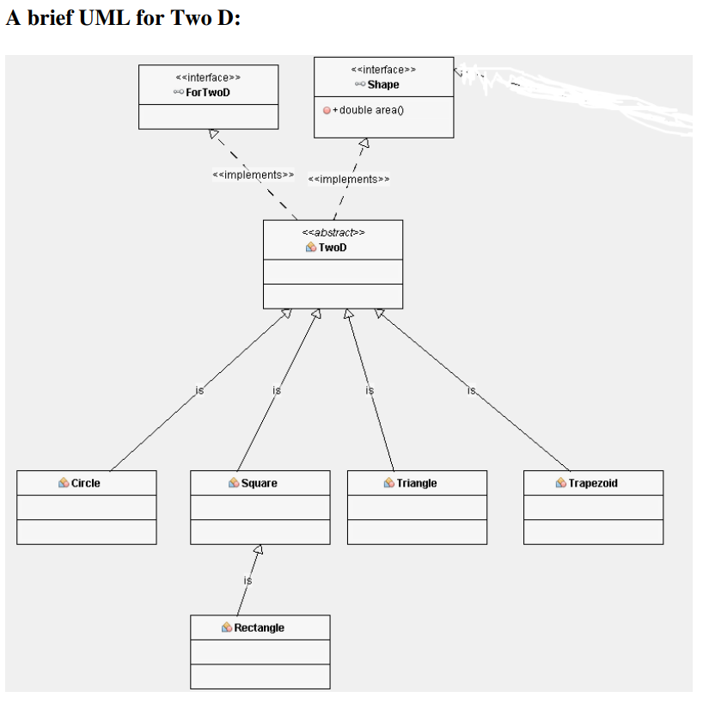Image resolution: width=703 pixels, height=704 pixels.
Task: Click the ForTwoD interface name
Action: (208, 92)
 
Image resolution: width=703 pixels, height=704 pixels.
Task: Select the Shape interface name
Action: (383, 84)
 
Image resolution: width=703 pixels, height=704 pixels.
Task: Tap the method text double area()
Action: (372, 110)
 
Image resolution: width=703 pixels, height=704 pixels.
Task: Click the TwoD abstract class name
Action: (333, 248)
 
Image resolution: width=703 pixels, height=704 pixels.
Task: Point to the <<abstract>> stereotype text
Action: (333, 232)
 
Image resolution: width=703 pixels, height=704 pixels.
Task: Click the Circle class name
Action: (85, 483)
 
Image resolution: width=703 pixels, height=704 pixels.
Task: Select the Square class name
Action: (259, 483)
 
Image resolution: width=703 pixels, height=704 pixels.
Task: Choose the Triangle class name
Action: (416, 483)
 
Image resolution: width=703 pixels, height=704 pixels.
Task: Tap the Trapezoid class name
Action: (592, 483)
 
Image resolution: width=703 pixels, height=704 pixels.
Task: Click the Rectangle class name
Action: (259, 627)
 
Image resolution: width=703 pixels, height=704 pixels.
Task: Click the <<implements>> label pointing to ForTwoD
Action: (253, 175)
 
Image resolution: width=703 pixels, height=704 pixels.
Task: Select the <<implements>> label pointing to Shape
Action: (348, 180)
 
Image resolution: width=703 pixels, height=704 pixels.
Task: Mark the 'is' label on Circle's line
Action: (199, 390)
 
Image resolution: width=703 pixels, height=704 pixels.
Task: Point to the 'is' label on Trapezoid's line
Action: (471, 390)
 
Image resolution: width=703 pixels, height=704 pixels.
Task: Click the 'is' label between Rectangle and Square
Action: (248, 581)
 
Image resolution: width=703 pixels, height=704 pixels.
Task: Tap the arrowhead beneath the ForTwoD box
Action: (214, 133)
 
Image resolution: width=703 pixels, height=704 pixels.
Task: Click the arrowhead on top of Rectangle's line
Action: (257, 550)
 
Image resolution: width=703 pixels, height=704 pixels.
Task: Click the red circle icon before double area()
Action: (327, 110)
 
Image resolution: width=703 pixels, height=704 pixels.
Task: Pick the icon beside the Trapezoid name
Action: (561, 483)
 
